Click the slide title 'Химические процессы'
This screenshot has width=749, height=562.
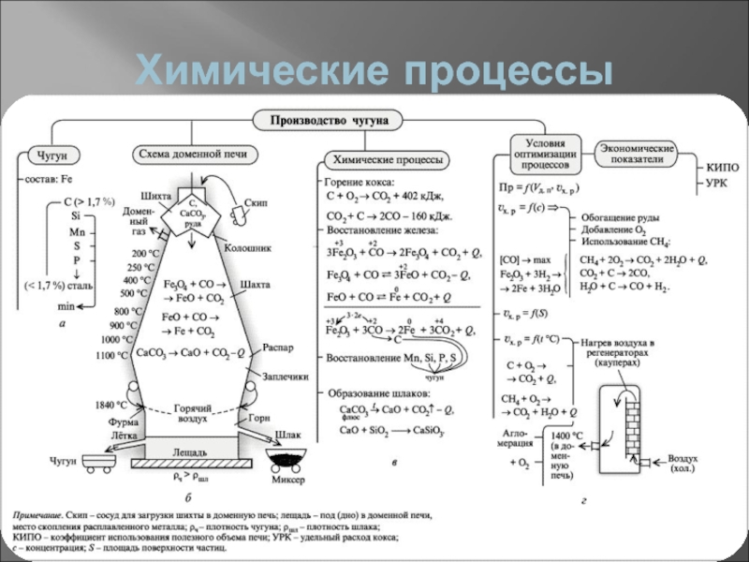(374, 71)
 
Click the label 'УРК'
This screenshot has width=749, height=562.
(716, 182)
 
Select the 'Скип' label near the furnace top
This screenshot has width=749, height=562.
(257, 201)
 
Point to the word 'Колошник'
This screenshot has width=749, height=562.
(247, 248)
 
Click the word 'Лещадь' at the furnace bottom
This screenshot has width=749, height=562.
(189, 451)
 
